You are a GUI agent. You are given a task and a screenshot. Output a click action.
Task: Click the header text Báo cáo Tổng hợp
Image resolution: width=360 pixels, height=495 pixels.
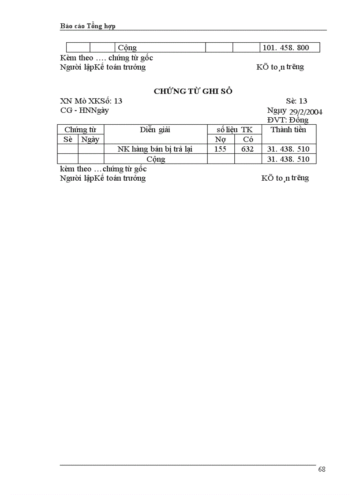pyautogui.click(x=87, y=26)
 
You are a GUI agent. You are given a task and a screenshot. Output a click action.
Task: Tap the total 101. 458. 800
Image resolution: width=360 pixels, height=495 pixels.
pyautogui.click(x=286, y=48)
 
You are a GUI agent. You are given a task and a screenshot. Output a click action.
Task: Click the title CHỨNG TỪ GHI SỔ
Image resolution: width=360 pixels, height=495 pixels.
pyautogui.click(x=193, y=91)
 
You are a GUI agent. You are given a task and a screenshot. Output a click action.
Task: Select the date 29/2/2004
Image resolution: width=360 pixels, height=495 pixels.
pyautogui.click(x=306, y=112)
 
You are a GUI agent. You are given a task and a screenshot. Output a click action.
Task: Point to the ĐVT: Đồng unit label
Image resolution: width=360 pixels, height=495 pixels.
pyautogui.click(x=288, y=120)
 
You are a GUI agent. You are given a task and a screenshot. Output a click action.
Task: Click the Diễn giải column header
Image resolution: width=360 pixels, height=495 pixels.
pyautogui.click(x=155, y=130)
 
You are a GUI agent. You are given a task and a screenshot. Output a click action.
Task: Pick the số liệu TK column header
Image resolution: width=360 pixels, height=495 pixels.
pyautogui.click(x=234, y=130)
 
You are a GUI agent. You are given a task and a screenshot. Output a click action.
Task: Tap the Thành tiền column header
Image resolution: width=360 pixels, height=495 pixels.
pyautogui.click(x=289, y=130)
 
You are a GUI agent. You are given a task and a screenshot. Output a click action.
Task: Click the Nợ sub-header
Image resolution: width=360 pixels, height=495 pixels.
pyautogui.click(x=221, y=139)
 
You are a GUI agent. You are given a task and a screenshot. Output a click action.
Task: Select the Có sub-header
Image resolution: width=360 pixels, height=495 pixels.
pyautogui.click(x=248, y=139)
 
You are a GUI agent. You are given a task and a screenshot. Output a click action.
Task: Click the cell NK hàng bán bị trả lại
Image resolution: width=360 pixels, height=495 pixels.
pyautogui.click(x=155, y=149)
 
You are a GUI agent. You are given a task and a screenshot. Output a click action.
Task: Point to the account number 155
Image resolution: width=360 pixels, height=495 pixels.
pyautogui.click(x=220, y=149)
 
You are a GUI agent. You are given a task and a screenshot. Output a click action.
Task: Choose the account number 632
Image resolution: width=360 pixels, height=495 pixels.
pyautogui.click(x=247, y=149)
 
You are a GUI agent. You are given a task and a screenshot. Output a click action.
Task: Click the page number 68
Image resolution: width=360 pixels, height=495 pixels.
pyautogui.click(x=322, y=469)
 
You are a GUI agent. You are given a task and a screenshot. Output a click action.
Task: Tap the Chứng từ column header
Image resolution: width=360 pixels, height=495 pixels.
pyautogui.click(x=80, y=130)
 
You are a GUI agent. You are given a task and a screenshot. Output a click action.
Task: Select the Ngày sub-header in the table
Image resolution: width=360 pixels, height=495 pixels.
pyautogui.click(x=90, y=139)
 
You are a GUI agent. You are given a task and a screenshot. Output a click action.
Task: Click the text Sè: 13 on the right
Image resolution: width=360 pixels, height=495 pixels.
pyautogui.click(x=296, y=101)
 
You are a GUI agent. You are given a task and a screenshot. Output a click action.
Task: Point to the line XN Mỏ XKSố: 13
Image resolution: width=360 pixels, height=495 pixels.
pyautogui.click(x=91, y=101)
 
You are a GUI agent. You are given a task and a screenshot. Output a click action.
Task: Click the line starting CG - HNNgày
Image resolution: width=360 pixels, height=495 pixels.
pyautogui.click(x=84, y=110)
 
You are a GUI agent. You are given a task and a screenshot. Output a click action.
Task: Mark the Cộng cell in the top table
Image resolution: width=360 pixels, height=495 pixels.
pyautogui.click(x=127, y=48)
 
